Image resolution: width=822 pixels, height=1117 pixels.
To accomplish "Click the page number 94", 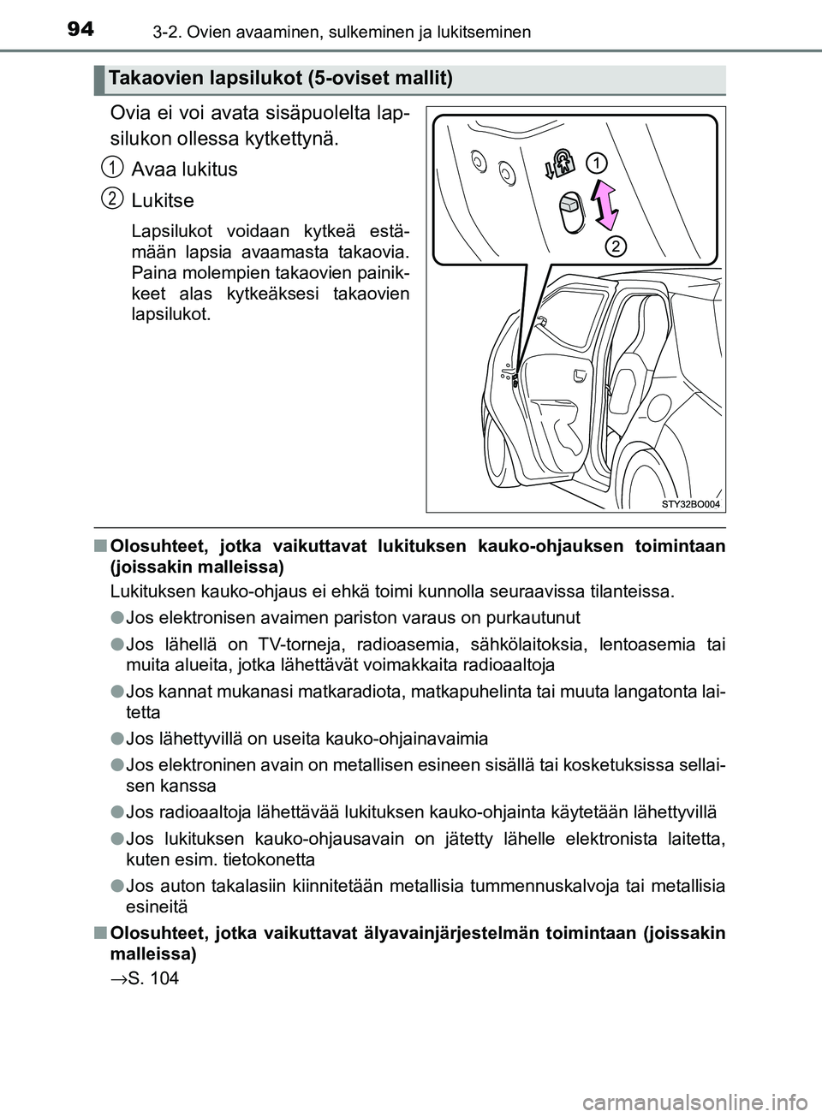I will coord(80,30).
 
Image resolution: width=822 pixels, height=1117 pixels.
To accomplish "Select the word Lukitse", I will coord(163,200).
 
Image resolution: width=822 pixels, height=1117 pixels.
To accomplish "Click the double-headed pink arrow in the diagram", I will coord(605,205).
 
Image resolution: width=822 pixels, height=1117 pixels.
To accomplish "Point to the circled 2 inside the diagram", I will coord(615,247).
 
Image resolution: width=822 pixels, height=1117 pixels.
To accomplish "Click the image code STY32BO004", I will coord(690,504).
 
